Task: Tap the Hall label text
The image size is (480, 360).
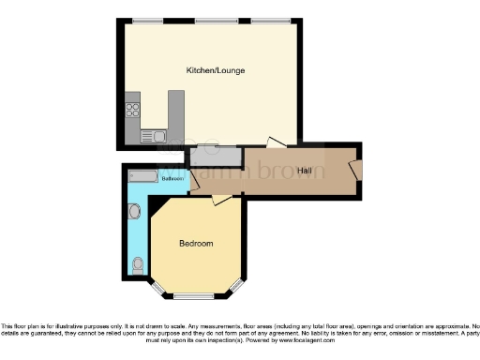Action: [305, 171]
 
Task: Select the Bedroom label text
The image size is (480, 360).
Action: [196, 244]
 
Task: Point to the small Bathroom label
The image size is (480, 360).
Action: [171, 178]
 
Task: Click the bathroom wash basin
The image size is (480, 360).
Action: [132, 212]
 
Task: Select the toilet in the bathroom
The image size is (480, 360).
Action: [138, 264]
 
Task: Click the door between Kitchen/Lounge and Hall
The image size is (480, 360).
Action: [276, 142]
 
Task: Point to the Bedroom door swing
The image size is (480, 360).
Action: [221, 199]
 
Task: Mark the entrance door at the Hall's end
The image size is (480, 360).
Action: [355, 168]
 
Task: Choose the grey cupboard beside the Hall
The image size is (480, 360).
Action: [215, 157]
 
